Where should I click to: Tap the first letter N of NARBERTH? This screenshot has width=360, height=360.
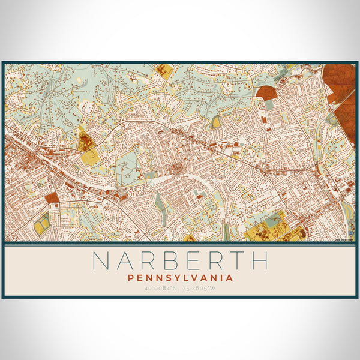click(x=101, y=260)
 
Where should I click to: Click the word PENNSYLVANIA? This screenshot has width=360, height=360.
click(x=180, y=278)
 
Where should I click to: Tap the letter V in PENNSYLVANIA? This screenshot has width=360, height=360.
click(x=191, y=278)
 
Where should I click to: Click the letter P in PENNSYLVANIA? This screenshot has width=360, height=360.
click(x=130, y=278)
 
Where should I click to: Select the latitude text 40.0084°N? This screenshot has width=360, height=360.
click(x=158, y=289)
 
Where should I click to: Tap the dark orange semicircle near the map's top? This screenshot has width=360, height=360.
click(x=267, y=93)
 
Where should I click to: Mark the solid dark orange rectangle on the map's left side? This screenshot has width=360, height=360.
click(x=52, y=197)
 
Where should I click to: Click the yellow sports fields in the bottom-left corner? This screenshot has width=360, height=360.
click(x=42, y=223)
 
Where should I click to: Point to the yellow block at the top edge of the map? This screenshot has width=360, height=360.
click(x=163, y=70)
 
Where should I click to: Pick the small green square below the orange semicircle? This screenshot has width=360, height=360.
click(x=269, y=104)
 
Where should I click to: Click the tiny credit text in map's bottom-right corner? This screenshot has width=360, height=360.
click(x=347, y=239)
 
